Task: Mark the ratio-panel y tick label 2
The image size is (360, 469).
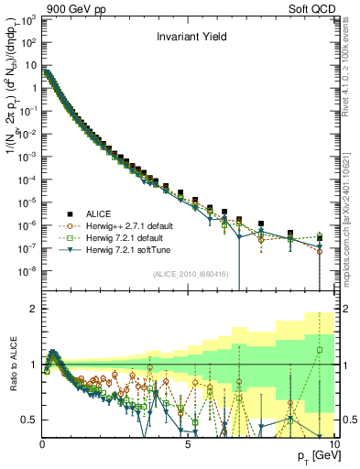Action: click(x=33, y=309)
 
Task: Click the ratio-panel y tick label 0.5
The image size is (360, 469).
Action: click(x=28, y=420)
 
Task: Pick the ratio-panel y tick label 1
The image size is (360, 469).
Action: click(x=33, y=365)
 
